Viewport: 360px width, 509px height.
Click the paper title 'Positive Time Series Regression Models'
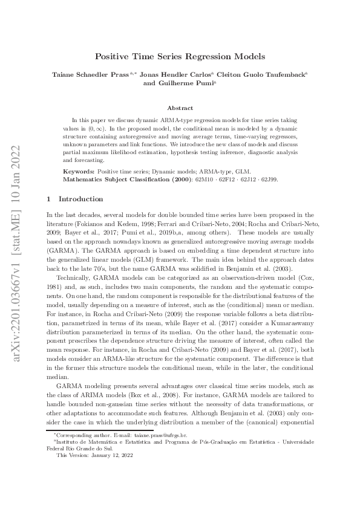[x=180, y=56]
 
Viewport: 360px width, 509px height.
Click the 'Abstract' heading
[x=180, y=108]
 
